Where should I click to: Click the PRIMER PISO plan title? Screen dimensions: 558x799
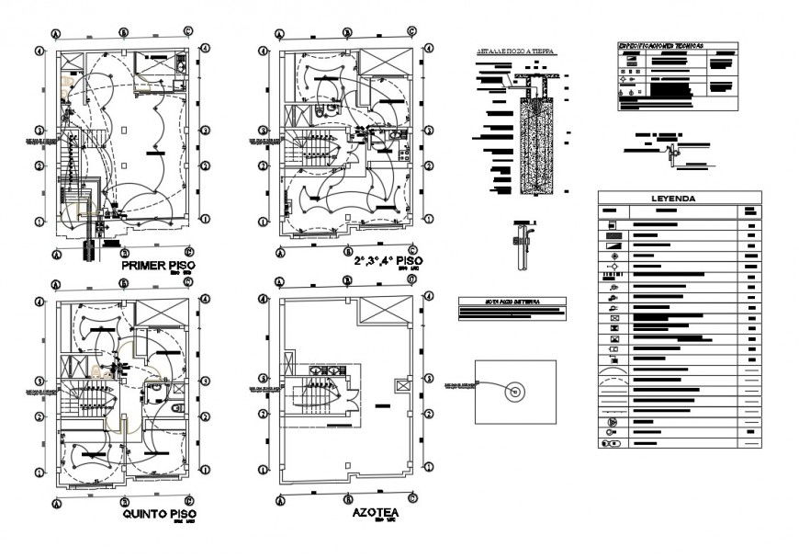(x=158, y=267)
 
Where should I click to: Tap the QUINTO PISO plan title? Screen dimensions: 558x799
(x=158, y=515)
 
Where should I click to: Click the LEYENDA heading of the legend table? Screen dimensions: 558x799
(x=678, y=198)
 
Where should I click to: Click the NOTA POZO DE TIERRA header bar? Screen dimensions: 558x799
(x=512, y=301)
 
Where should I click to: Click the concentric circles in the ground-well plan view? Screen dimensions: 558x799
(x=515, y=392)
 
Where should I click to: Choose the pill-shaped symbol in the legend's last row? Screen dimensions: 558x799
(x=611, y=442)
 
